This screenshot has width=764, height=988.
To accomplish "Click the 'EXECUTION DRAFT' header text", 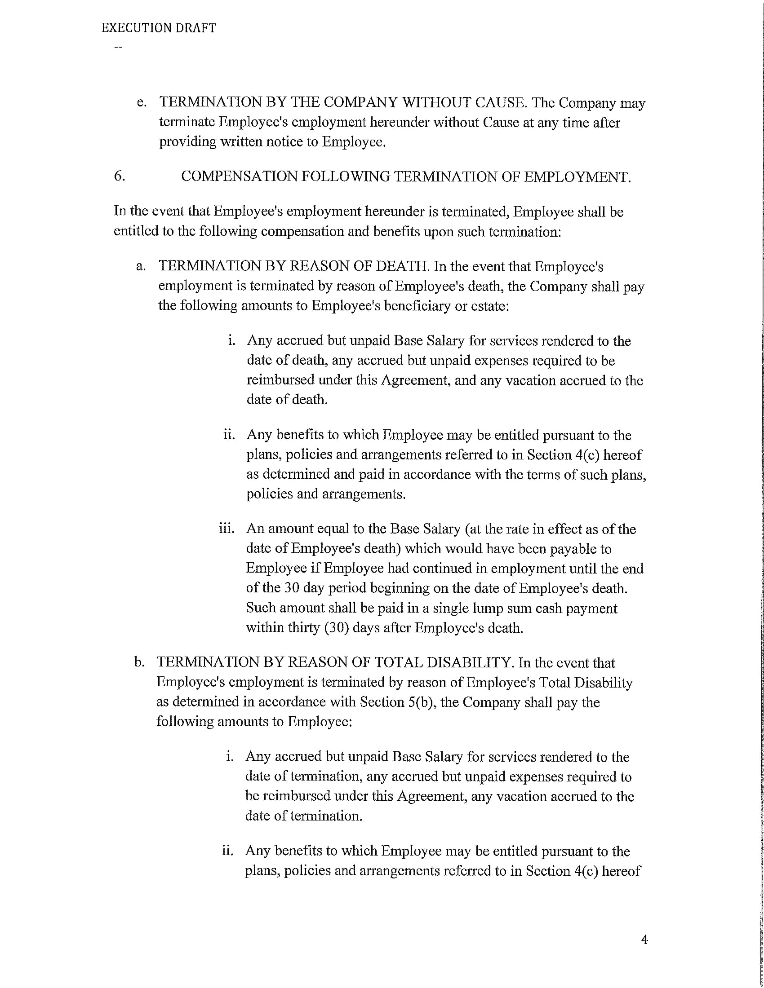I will (158, 28).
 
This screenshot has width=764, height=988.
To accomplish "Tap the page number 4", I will (644, 940).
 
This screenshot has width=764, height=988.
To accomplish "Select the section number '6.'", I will (120, 176).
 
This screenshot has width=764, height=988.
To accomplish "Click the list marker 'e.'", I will (142, 103).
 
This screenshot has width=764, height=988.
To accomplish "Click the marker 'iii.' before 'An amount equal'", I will (227, 529).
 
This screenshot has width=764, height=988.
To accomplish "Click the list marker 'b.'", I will (139, 663).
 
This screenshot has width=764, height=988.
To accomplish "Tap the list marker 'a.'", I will (141, 266).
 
